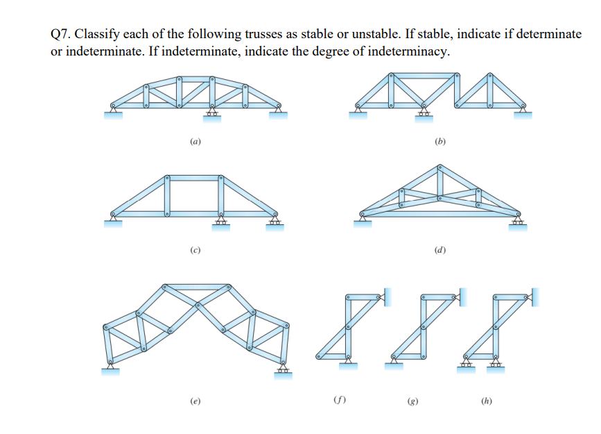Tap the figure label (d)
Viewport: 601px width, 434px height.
point(439,249)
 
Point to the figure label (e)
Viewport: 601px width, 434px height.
point(196,401)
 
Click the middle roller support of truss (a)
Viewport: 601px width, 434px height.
point(212,113)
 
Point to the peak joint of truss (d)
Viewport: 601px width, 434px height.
point(439,167)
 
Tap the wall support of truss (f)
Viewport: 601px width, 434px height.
point(387,297)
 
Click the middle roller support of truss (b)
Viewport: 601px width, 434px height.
point(423,113)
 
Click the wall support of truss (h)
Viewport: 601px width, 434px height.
point(535,297)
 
